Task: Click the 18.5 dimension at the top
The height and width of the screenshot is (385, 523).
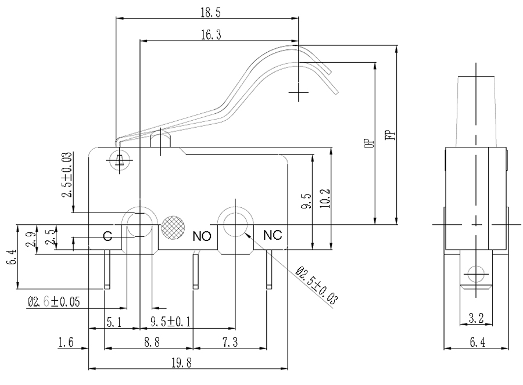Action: tap(206, 11)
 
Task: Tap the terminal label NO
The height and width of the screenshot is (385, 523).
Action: tap(201, 236)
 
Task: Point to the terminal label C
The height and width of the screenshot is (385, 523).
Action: tap(108, 236)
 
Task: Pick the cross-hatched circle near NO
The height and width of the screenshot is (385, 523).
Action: tap(173, 226)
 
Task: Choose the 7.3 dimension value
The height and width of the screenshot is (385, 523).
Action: tap(230, 343)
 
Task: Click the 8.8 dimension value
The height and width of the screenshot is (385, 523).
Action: tap(152, 343)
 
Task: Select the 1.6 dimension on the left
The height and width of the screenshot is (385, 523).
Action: tap(66, 343)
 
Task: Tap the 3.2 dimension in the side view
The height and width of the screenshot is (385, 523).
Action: tap(475, 318)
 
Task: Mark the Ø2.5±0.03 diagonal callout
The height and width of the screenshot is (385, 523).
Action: tap(317, 286)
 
